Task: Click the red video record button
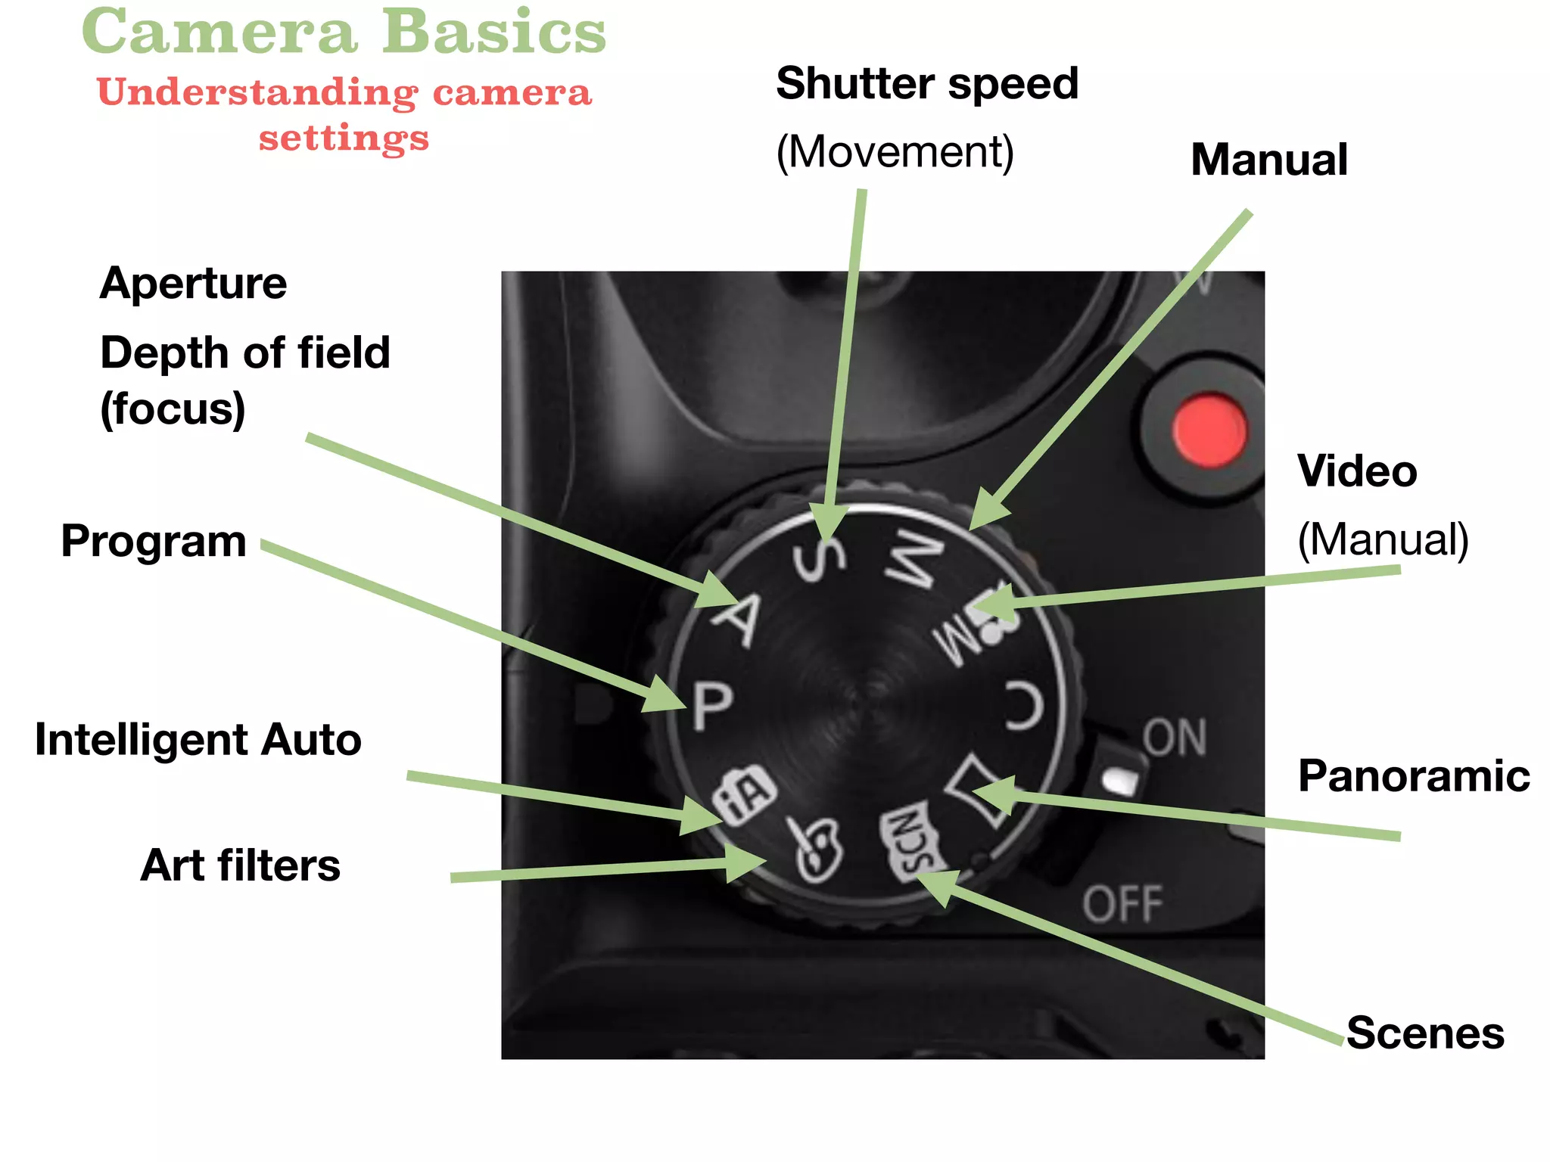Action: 1209,429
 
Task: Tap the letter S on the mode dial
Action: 819,558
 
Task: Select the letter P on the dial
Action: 712,705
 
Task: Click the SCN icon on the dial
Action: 912,841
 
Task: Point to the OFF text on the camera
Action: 1122,904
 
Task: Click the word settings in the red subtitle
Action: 344,138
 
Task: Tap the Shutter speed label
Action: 927,83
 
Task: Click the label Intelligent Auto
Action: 198,739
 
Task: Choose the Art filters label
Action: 241,865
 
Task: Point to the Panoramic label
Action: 1413,776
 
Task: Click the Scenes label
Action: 1425,1033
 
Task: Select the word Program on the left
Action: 154,542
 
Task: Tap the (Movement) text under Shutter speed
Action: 895,152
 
